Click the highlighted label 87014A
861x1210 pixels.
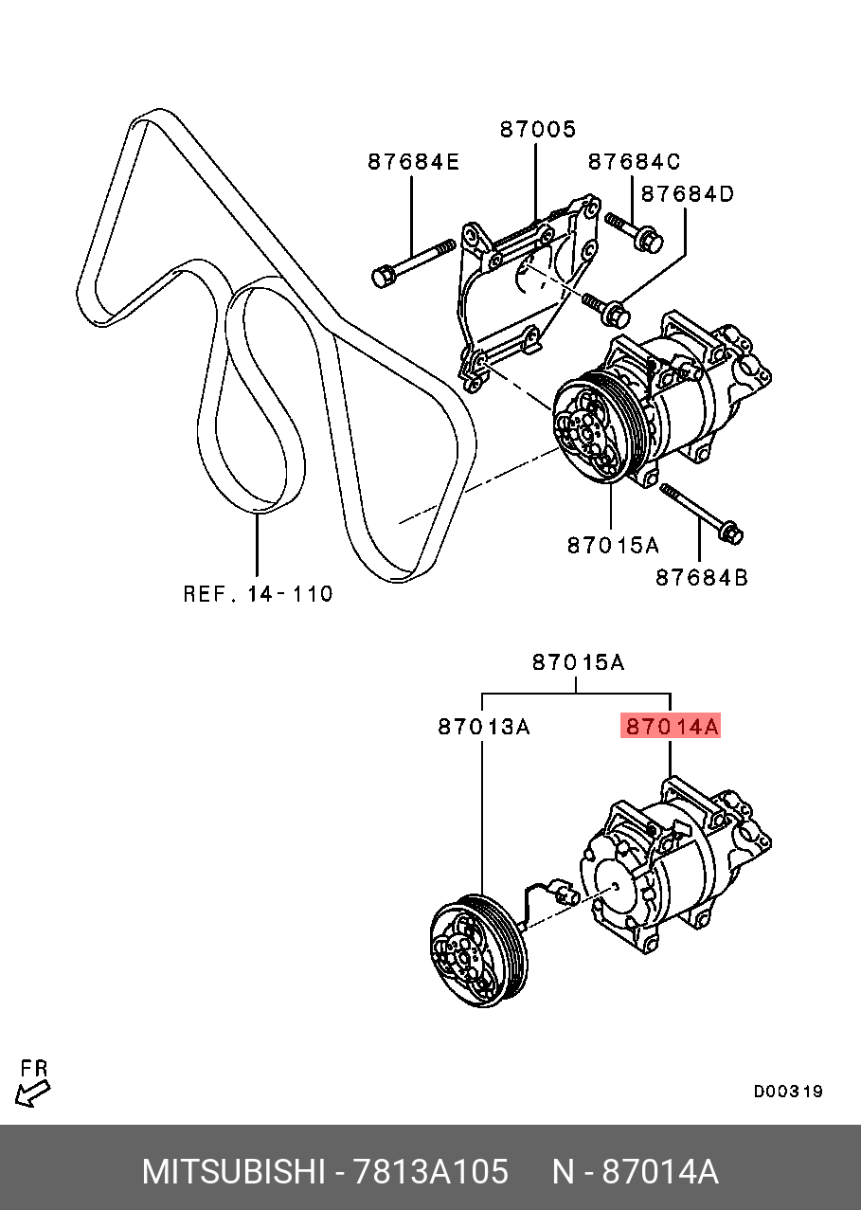pyautogui.click(x=670, y=727)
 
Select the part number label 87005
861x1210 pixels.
pyautogui.click(x=538, y=130)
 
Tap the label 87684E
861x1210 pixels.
pyautogui.click(x=413, y=162)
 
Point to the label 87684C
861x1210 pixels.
pyautogui.click(x=634, y=162)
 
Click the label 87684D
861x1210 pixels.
pyautogui.click(x=688, y=194)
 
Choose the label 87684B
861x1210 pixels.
pyautogui.click(x=701, y=576)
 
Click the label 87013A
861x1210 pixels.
pyautogui.click(x=483, y=727)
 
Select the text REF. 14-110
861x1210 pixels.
pyautogui.click(x=258, y=594)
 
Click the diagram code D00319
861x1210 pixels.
pyautogui.click(x=788, y=1092)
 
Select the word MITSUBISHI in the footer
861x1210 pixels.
pyautogui.click(x=233, y=1172)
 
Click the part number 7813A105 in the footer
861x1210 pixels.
pyautogui.click(x=430, y=1172)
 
